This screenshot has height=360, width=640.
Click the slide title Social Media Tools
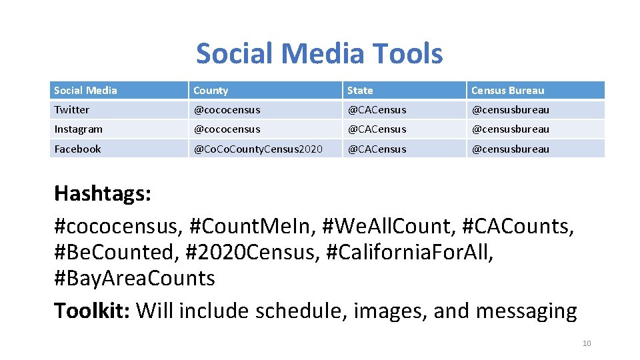point(319,53)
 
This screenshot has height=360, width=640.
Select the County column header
point(211,91)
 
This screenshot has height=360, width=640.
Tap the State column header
point(360,91)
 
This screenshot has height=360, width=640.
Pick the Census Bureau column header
point(507,91)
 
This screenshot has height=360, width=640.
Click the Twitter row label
point(71,110)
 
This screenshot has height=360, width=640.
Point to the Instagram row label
point(78,129)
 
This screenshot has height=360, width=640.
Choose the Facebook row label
point(77,149)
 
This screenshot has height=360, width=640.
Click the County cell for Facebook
point(257,149)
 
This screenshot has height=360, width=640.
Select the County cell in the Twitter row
point(227,110)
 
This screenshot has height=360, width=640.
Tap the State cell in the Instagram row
point(376,129)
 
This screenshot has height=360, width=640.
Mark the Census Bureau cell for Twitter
point(510,110)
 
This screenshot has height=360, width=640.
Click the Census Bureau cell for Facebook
point(510,149)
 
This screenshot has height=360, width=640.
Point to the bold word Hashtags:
point(103,194)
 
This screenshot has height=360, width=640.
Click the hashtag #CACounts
point(515,226)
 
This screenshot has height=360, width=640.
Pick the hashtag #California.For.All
point(409,253)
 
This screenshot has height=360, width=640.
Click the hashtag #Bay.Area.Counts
point(134,278)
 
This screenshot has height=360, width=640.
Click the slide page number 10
point(587,343)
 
